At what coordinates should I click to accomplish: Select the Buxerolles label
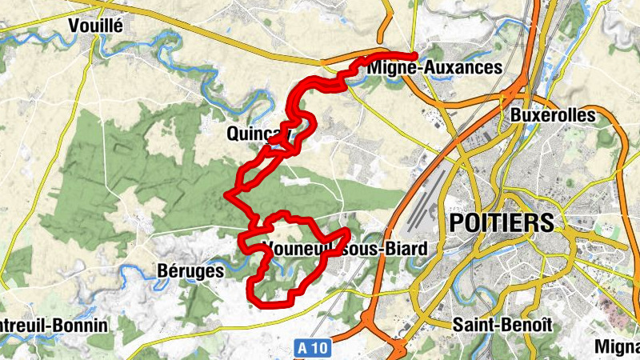(553, 115)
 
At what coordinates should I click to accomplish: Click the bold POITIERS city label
(502, 222)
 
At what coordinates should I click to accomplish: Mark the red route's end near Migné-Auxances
(415, 55)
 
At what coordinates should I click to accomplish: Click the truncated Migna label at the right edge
(618, 346)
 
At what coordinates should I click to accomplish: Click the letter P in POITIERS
(458, 222)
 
